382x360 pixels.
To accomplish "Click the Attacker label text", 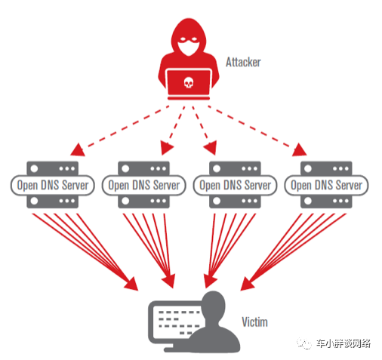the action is pyautogui.click(x=243, y=62).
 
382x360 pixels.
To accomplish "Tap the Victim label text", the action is pyautogui.click(x=254, y=322).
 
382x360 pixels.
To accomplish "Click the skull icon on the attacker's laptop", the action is pyautogui.click(x=189, y=82).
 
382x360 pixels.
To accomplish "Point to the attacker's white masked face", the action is pyautogui.click(x=189, y=46).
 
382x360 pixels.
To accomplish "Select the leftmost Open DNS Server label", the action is pyautogui.click(x=53, y=185).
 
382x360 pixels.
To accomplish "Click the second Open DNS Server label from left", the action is pyautogui.click(x=144, y=185).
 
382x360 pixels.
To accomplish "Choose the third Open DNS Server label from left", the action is pyautogui.click(x=235, y=185).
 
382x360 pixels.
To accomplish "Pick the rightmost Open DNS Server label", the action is pyautogui.click(x=326, y=185).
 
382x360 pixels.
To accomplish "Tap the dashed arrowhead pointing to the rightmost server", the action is pyautogui.click(x=300, y=150).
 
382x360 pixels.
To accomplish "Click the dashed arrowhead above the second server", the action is pyautogui.click(x=166, y=148).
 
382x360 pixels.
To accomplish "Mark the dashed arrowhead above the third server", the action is pyautogui.click(x=211, y=148).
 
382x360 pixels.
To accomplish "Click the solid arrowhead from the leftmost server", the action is pyautogui.click(x=131, y=284).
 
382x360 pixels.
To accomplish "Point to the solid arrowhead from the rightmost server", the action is pyautogui.click(x=248, y=284).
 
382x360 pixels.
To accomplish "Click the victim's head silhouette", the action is pyautogui.click(x=214, y=304).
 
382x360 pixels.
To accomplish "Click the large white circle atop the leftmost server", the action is pyautogui.click(x=34, y=168).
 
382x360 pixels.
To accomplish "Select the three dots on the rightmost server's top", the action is pyautogui.click(x=340, y=168).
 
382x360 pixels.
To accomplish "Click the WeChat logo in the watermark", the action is pyautogui.click(x=304, y=343).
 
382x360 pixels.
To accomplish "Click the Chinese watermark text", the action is pyautogui.click(x=343, y=343).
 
